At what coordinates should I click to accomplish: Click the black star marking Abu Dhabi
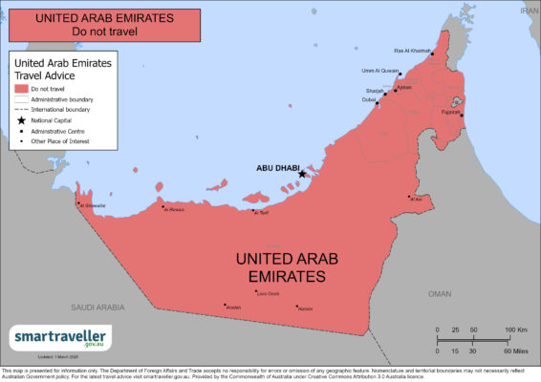pos(302,174)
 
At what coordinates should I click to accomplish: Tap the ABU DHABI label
pos(277,167)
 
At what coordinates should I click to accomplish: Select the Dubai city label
pos(369,99)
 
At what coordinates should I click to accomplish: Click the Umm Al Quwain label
pos(379,70)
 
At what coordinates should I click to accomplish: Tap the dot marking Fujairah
pos(462,114)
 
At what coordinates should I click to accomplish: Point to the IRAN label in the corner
pos(528,9)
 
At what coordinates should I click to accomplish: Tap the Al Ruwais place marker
pos(163,207)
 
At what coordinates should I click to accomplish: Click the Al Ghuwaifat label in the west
pos(94,204)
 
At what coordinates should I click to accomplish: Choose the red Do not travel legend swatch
pos(20,88)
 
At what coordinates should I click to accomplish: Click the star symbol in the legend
pos(20,120)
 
